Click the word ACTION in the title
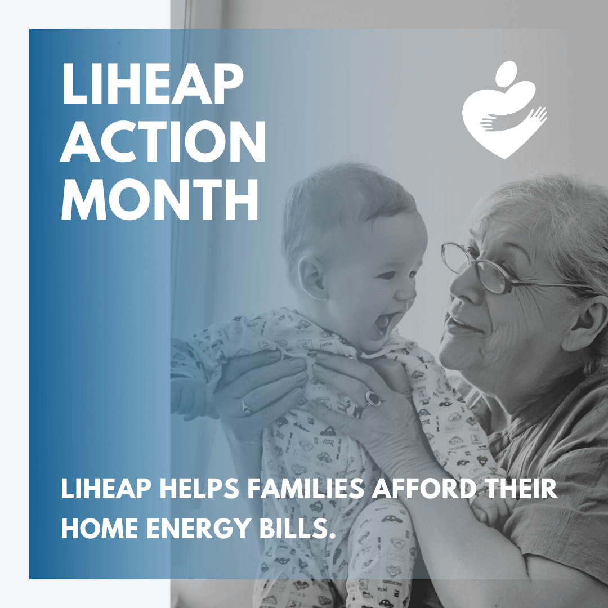tap(163, 141)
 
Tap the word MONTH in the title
tap(159, 199)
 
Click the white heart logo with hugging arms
tap(504, 110)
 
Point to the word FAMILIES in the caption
tap(306, 489)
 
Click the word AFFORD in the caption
tap(424, 489)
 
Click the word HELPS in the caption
tap(199, 489)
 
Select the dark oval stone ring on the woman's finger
tap(372, 398)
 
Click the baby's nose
tap(407, 292)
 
